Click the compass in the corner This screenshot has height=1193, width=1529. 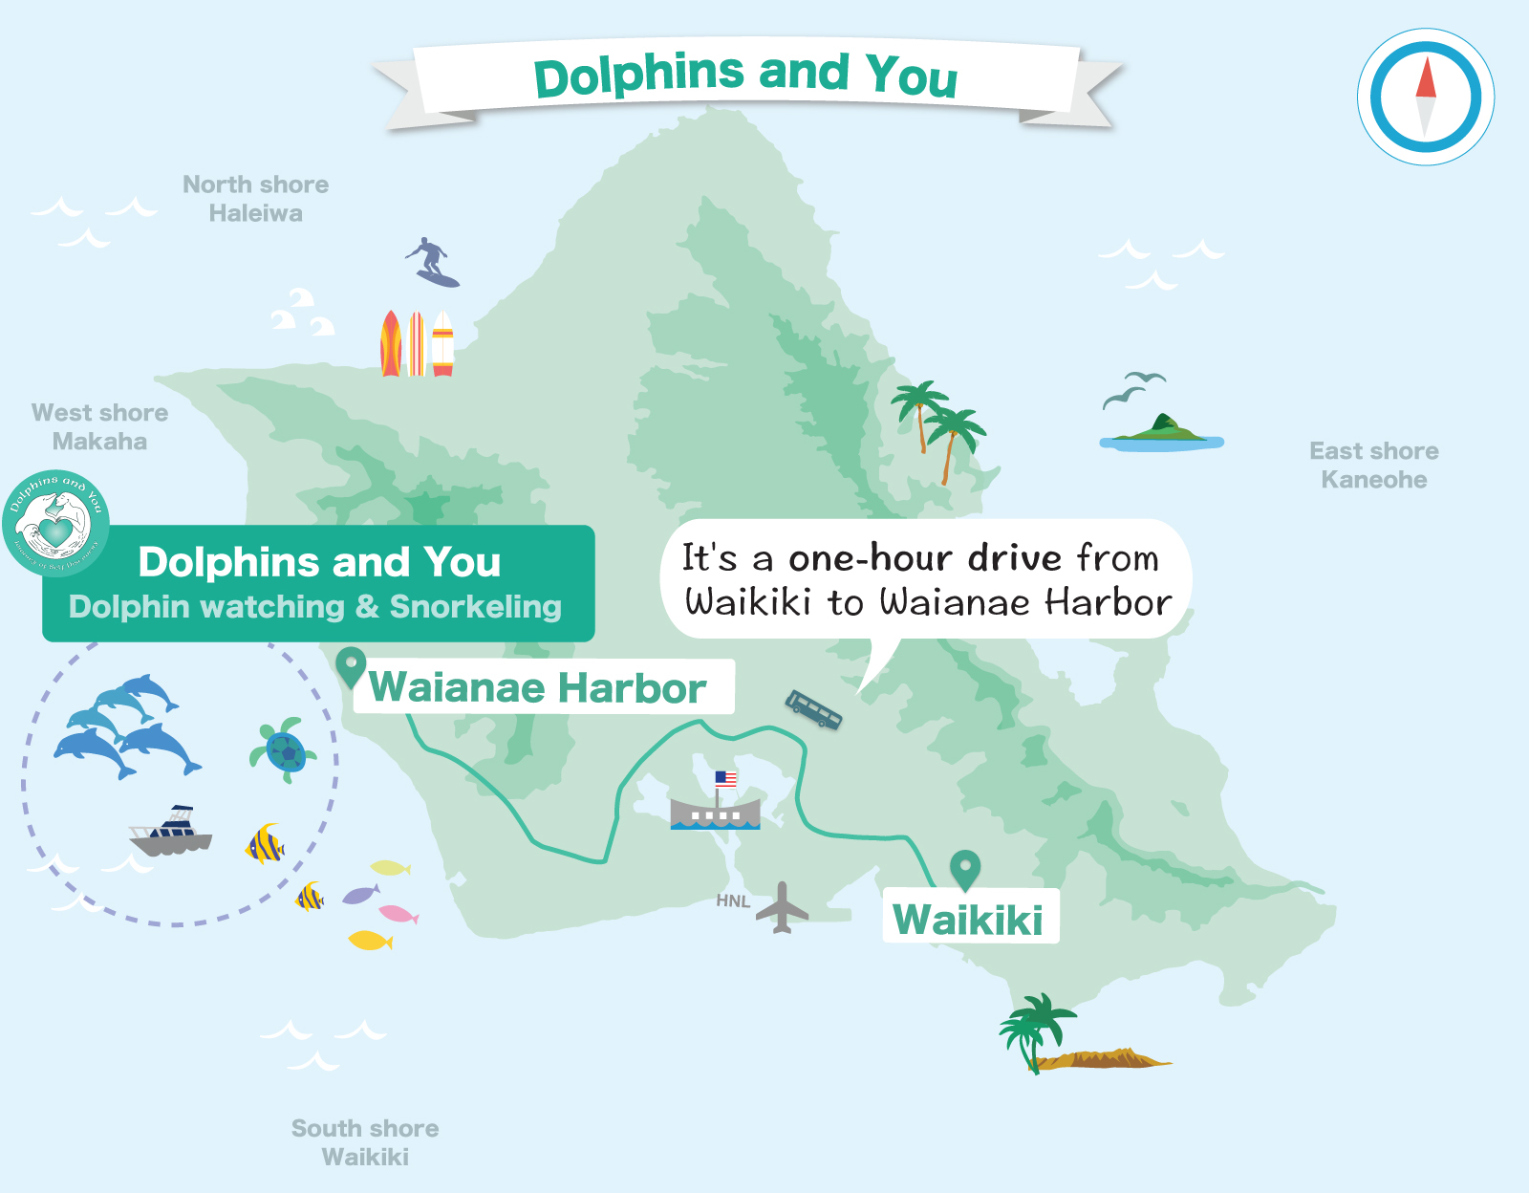point(1426,98)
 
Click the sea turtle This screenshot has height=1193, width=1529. point(284,750)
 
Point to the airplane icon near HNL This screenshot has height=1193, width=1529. point(783,907)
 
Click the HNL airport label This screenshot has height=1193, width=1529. point(733,900)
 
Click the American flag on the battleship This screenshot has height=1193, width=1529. point(726,779)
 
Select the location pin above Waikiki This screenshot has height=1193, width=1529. point(965,869)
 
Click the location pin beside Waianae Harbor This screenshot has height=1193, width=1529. point(351,665)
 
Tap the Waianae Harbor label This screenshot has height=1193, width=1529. point(538,687)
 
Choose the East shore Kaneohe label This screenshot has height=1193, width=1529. point(1373,465)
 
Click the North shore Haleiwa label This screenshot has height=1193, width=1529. point(255,199)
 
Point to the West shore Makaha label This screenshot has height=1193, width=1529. point(99,426)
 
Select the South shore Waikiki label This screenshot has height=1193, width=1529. point(365,1142)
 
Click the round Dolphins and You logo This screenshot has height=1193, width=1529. point(55,523)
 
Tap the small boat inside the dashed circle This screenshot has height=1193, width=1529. point(172,832)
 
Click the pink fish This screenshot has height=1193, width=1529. point(398,914)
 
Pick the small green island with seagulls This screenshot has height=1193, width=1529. point(1161,432)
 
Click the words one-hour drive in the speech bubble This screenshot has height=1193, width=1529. point(925,557)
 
